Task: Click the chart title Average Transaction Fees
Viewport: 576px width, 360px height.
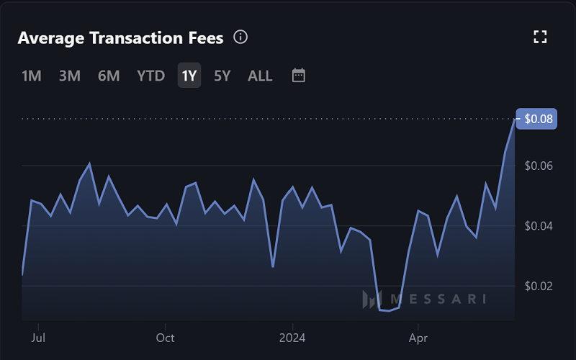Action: coord(120,38)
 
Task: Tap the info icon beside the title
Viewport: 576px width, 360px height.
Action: coord(241,37)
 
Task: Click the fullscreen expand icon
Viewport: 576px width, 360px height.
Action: coord(540,37)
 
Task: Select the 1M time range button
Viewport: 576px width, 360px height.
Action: coord(31,76)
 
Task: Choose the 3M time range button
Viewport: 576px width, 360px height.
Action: coord(69,76)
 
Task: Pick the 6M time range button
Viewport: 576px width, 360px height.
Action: coord(108,76)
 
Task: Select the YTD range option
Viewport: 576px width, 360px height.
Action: coord(150,76)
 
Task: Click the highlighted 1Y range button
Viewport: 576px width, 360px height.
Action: coord(189,76)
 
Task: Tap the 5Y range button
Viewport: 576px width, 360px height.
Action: coord(222,76)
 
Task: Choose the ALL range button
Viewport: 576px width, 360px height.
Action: coord(260,76)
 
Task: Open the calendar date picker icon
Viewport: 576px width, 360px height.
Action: coord(299,76)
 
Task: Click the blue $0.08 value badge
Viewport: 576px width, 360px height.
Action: coord(538,120)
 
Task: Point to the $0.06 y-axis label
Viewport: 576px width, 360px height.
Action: coord(538,166)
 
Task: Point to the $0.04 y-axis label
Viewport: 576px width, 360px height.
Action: coord(538,226)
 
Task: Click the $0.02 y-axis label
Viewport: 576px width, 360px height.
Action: coord(538,286)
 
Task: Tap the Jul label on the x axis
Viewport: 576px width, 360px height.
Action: coord(40,338)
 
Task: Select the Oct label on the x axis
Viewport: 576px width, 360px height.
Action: coord(166,338)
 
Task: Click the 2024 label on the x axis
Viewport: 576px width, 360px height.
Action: coord(292,338)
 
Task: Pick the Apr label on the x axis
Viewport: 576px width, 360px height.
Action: coord(418,338)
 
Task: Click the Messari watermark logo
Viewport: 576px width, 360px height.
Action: coord(425,299)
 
